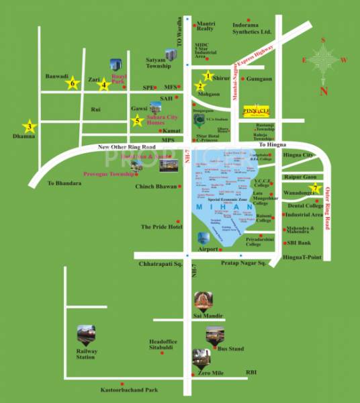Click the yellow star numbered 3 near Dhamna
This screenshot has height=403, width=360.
pyautogui.click(x=29, y=126)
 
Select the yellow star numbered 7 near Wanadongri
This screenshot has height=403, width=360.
pyautogui.click(x=315, y=188)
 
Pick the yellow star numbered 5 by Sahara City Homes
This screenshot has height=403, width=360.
pyautogui.click(x=138, y=121)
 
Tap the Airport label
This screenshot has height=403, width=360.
pyautogui.click(x=209, y=249)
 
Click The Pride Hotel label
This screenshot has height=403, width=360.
pyautogui.click(x=161, y=227)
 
